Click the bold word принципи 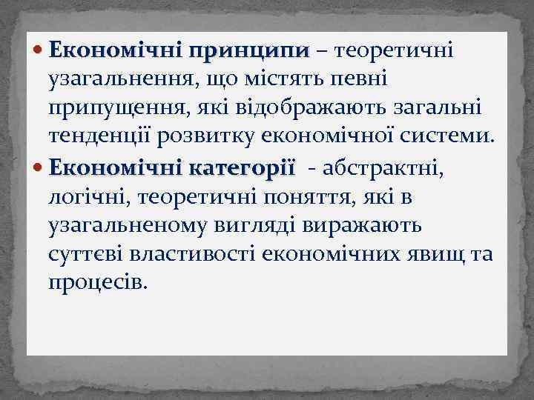point(248,51)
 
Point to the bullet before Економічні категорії point(39,169)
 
